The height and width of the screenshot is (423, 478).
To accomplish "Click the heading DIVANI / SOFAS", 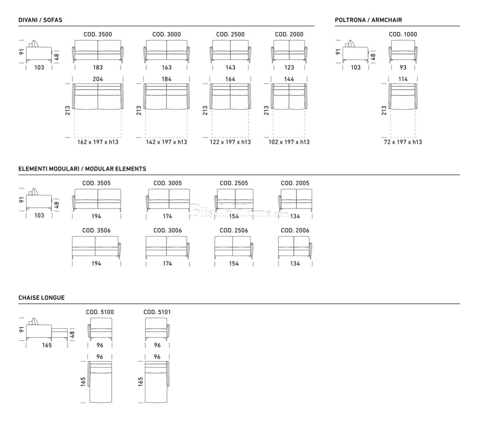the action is (x=40, y=20).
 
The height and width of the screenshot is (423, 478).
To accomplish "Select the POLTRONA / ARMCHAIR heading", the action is (x=368, y=20).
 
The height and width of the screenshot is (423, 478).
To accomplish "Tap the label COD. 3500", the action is (x=98, y=34).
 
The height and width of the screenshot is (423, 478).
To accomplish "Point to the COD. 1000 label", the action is (x=403, y=34).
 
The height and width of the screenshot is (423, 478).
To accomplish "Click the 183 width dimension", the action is (x=98, y=67).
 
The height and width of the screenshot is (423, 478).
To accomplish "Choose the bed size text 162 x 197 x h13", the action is (x=98, y=142).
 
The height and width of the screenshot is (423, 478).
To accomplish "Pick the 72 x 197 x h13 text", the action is (x=403, y=142).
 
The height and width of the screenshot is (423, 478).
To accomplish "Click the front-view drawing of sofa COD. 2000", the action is (x=289, y=52).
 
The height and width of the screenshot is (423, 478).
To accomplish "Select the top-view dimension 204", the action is (x=98, y=79).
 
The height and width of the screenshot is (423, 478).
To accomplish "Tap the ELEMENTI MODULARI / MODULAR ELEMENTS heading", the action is (x=82, y=169).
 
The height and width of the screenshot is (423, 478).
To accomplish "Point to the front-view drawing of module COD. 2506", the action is (x=234, y=248).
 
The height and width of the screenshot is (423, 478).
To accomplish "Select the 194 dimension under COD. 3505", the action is (x=96, y=216).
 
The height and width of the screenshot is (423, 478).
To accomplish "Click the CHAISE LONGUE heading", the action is (x=42, y=298).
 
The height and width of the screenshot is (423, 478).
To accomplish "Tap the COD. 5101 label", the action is (x=157, y=312).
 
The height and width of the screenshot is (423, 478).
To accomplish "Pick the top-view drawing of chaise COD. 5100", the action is (x=100, y=382).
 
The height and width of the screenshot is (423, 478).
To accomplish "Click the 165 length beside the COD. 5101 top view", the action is (x=140, y=381).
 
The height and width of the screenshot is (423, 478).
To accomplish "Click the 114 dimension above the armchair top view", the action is (x=403, y=79).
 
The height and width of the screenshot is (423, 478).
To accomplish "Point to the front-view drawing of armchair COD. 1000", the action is (x=403, y=52).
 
